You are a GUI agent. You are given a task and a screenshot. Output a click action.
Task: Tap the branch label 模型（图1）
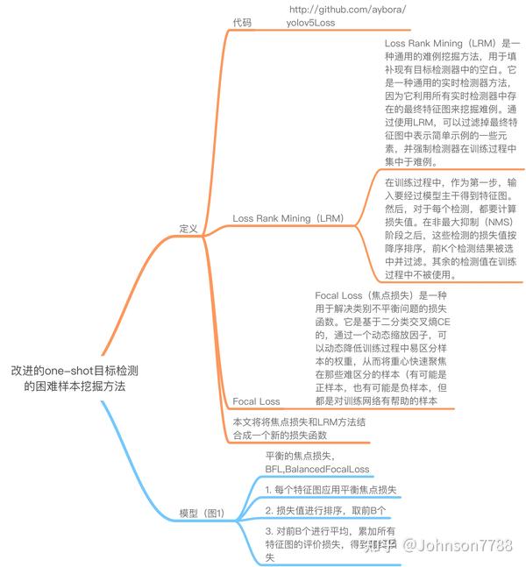click(202, 514)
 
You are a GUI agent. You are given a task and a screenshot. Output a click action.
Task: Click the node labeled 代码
click(242, 24)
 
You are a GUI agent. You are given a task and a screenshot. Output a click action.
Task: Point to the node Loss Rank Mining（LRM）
click(288, 217)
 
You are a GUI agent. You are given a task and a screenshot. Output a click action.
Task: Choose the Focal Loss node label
click(257, 401)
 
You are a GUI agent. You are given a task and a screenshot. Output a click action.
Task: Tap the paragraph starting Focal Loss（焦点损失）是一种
click(381, 348)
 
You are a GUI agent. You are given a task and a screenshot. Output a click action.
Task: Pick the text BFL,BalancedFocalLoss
click(317, 470)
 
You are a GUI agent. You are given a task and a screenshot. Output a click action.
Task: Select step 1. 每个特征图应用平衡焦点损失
click(331, 489)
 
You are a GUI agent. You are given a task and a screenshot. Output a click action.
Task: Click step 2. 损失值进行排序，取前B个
click(325, 510)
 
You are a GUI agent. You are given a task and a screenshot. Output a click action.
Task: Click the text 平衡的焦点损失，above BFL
click(300, 455)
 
